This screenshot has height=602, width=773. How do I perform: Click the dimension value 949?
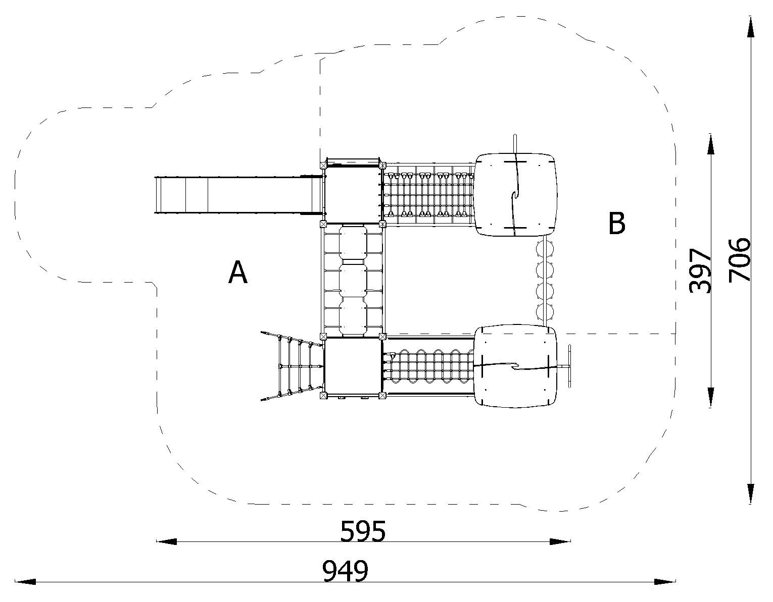(345, 571)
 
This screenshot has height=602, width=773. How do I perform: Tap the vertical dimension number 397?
(700, 270)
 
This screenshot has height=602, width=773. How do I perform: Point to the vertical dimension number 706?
(739, 260)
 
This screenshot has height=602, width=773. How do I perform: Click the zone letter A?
(237, 272)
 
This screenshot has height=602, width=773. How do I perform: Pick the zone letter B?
(616, 223)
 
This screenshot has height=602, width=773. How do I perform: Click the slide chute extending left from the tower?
(239, 195)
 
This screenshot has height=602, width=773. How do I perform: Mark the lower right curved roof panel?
(515, 366)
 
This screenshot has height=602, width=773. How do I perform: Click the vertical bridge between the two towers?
(353, 280)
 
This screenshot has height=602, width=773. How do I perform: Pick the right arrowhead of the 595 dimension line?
(560, 541)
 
